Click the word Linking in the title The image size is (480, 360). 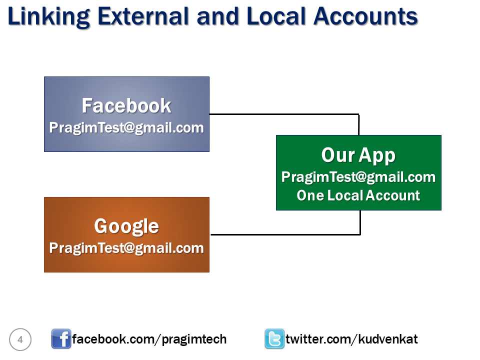coord(48,17)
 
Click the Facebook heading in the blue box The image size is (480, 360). coord(126,105)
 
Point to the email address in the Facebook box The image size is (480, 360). coord(126,127)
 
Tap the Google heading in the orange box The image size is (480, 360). coord(126,226)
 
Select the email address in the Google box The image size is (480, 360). coord(126,248)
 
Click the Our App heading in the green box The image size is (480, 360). coord(358,155)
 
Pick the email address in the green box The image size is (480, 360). coord(358,177)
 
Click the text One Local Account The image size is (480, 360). coord(358,195)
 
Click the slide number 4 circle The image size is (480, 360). coord(20,339)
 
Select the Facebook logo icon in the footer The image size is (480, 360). coord(61,339)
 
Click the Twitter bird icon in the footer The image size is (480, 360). coord(274,339)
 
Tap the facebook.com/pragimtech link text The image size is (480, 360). coord(149,339)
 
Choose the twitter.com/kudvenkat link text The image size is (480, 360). coord(351,339)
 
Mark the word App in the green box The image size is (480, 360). coord(377,156)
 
